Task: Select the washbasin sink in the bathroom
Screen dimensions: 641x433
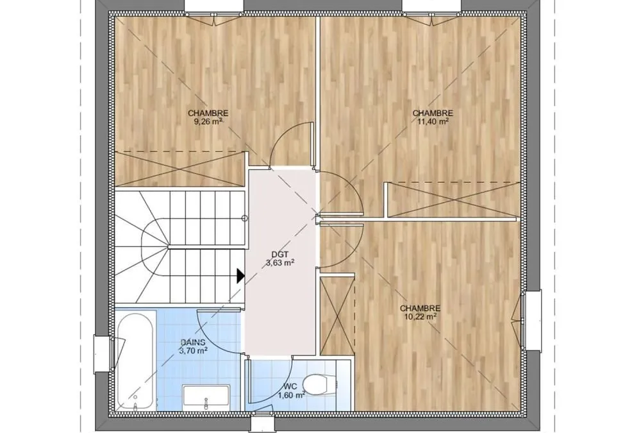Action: [206, 396]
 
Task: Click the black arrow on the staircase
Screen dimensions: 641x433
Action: [241, 275]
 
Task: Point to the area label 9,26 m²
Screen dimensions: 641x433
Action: [208, 121]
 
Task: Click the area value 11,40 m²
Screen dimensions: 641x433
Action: [433, 121]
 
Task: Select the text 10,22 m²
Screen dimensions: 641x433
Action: [420, 317]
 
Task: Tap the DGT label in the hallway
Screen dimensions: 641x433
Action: [280, 255]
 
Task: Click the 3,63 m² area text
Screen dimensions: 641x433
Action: [281, 263]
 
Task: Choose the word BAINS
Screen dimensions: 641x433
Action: [193, 343]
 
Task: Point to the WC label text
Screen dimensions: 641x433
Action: [290, 387]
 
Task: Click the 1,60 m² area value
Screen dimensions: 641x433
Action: [292, 395]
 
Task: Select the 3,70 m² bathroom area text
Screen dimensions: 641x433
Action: [193, 351]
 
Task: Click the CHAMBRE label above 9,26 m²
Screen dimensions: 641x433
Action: [208, 114]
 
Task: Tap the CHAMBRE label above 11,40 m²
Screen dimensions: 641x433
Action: [433, 114]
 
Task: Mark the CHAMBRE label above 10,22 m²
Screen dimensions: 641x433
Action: [420, 309]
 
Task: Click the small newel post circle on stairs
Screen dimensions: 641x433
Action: [244, 219]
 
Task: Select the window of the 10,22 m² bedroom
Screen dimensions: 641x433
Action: [531, 321]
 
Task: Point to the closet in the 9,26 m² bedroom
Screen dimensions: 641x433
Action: [180, 169]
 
